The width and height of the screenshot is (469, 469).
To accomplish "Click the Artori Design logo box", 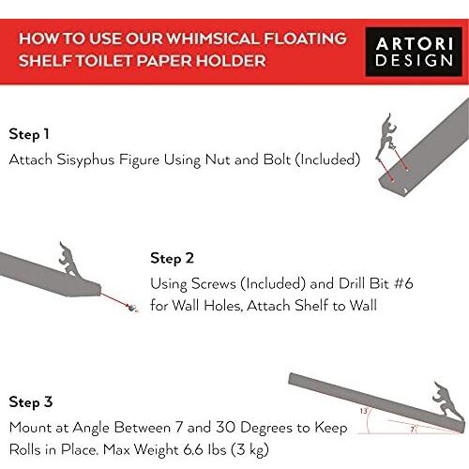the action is tap(414, 52).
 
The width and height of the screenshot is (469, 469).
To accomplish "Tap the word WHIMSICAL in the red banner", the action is tap(212, 38).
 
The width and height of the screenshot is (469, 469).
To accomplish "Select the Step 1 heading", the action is tap(29, 134).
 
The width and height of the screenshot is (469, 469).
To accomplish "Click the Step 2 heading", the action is tap(172, 259).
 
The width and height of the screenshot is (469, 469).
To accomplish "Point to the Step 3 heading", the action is tap(31, 402).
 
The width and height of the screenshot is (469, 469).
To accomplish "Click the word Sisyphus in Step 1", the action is tap(85, 160).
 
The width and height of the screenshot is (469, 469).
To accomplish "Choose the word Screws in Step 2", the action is tap(214, 283).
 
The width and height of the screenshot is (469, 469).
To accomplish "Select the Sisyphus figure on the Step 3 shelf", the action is tap(446, 401).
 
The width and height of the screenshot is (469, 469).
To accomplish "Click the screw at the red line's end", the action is tap(132, 308).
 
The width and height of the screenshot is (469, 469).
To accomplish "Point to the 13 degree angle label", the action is tap(364, 411).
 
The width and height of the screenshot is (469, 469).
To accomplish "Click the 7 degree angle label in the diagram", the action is tap(413, 430).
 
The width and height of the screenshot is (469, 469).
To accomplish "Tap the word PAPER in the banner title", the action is tap(165, 61).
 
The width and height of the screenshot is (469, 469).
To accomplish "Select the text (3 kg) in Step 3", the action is tap(250, 450).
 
